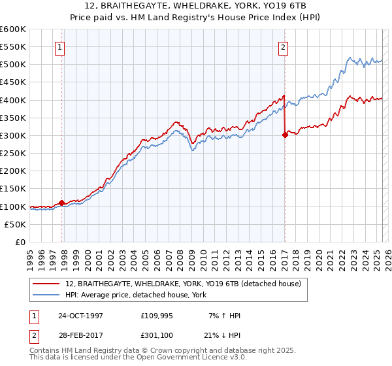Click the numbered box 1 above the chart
60,46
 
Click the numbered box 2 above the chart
284,46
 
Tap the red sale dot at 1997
62,203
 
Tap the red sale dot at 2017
285,135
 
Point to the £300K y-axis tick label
13,135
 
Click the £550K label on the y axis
13,47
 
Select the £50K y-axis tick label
16,224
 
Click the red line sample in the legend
48,284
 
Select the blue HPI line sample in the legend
48,295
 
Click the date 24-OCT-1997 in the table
81,316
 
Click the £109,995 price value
155,316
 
